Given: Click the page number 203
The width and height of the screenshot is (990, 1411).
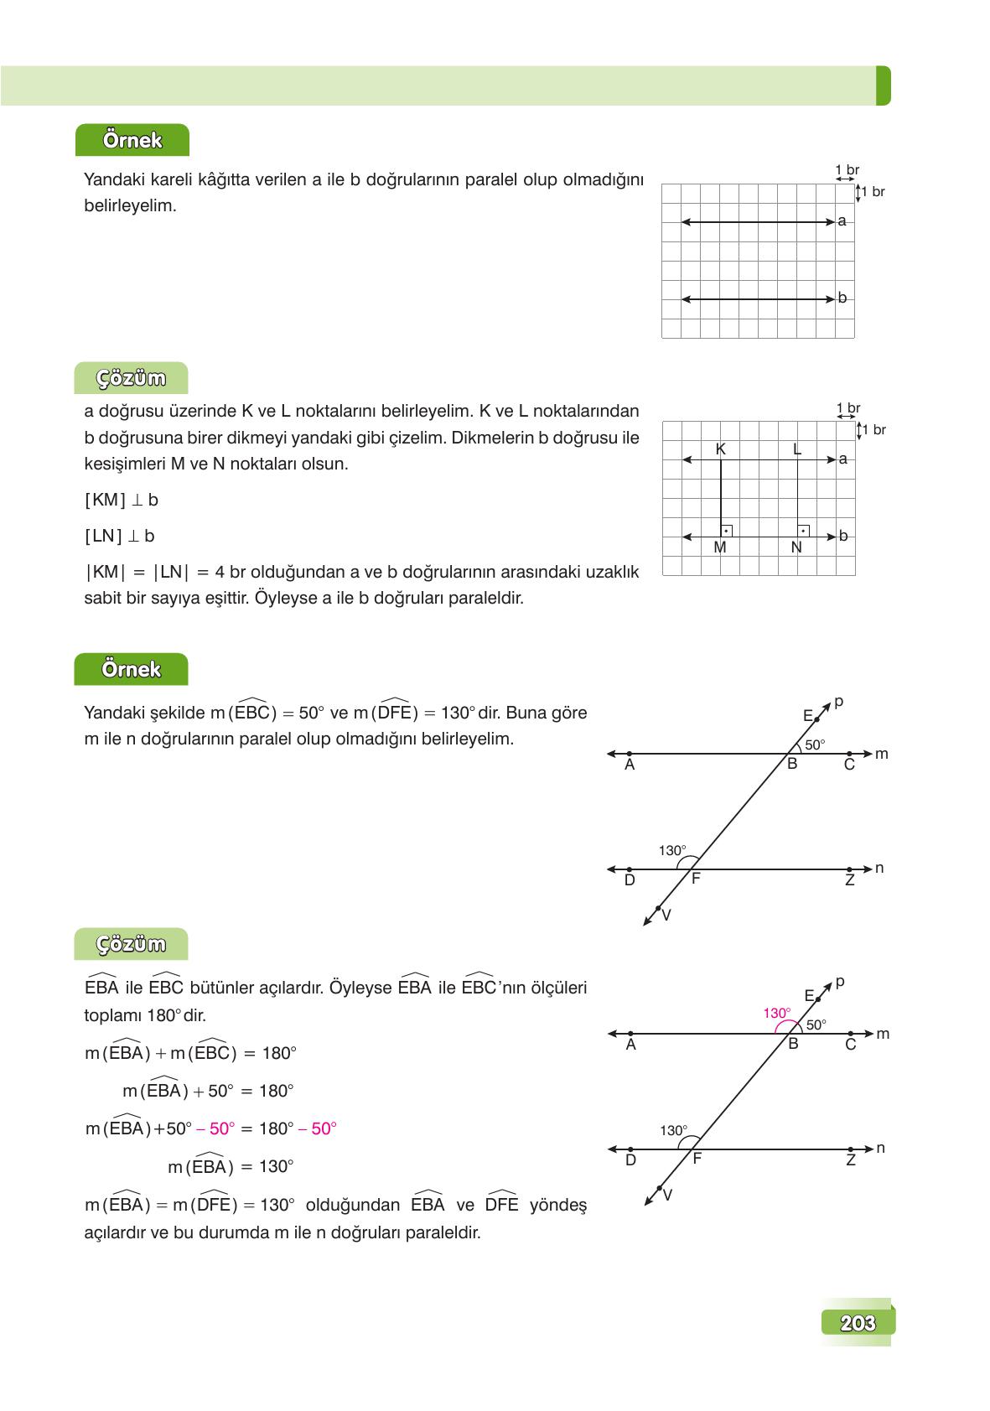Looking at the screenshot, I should click(857, 1323).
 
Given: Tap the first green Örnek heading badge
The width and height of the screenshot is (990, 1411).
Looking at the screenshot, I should click(132, 140).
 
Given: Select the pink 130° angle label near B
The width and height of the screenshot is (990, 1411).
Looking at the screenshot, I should click(776, 1013).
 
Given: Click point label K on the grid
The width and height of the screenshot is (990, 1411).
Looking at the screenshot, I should click(720, 449).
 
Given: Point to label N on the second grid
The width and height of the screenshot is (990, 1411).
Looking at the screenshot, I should click(796, 547).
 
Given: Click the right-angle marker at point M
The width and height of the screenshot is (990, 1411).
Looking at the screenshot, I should click(726, 531).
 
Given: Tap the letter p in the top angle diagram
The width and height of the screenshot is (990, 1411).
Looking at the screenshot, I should click(839, 702).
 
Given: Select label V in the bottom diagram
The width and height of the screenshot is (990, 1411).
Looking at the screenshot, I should click(667, 1196).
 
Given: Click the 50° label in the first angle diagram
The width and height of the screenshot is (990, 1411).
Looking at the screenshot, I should click(815, 744).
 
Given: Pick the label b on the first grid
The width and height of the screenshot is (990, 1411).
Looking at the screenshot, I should click(842, 298).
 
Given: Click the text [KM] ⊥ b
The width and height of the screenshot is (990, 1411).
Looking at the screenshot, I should click(122, 501).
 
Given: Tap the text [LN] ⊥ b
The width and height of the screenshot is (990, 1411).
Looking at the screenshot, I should click(120, 537).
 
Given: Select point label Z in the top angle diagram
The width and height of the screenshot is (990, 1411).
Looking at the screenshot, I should click(849, 880).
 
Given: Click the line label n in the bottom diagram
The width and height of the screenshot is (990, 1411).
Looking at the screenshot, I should click(880, 1148).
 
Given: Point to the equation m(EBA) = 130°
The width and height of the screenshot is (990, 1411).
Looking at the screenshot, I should click(231, 1166).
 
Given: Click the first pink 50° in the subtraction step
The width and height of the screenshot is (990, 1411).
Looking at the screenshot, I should click(222, 1128).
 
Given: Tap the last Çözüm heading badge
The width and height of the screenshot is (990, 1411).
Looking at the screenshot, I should click(131, 944).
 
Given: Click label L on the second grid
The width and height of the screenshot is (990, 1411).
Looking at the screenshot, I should click(796, 449).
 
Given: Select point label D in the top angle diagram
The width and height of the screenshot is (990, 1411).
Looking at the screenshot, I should click(630, 880).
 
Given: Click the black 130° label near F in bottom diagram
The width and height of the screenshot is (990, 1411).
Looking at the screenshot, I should click(673, 1130).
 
